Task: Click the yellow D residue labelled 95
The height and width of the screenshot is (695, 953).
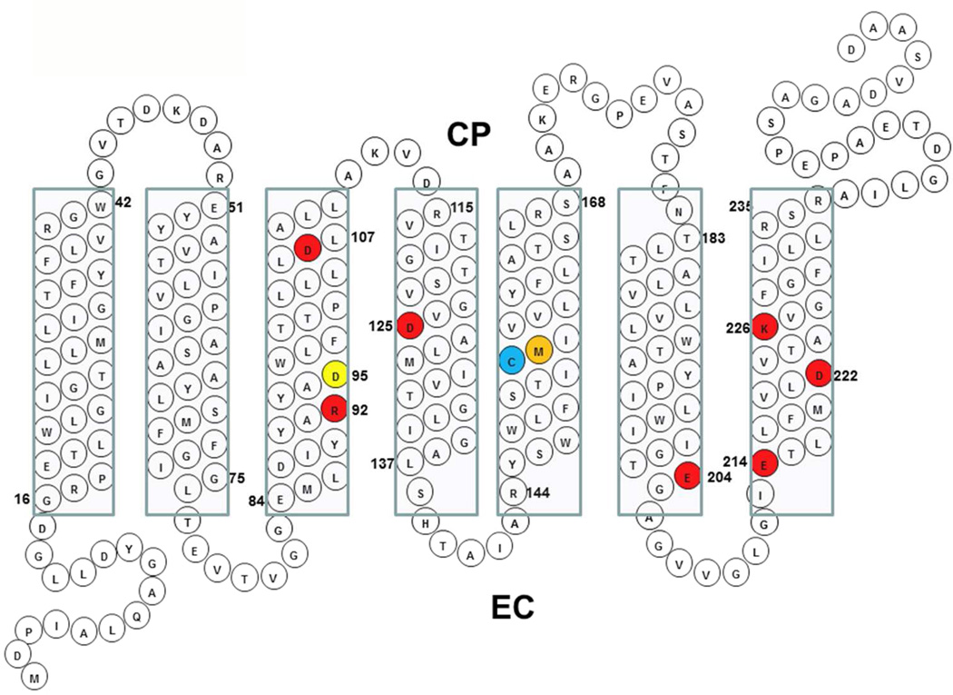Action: pyautogui.click(x=335, y=375)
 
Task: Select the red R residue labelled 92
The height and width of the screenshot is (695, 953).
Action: pyautogui.click(x=335, y=409)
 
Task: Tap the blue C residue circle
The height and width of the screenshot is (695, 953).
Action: pyautogui.click(x=512, y=361)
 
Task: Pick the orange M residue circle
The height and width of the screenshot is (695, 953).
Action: pyautogui.click(x=539, y=350)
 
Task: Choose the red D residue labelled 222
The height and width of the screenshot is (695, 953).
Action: pyautogui.click(x=819, y=373)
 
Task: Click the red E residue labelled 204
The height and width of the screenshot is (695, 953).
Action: pyautogui.click(x=688, y=475)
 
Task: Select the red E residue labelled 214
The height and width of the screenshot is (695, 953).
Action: pyautogui.click(x=764, y=463)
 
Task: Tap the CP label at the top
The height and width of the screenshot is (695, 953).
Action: pyautogui.click(x=468, y=135)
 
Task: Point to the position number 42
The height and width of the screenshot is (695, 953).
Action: pyautogui.click(x=123, y=203)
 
